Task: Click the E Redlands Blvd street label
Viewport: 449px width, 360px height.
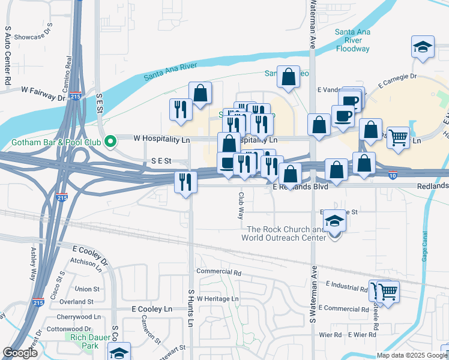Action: (x=300, y=187)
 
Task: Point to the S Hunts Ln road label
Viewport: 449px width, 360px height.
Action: (x=191, y=307)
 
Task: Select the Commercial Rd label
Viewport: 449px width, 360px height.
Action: (x=218, y=272)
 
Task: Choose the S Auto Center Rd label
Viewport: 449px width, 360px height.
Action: (x=8, y=54)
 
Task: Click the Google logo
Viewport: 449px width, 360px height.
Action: (x=20, y=353)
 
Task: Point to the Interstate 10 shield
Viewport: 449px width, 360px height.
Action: (x=391, y=175)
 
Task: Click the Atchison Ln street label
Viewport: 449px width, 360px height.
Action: (x=86, y=262)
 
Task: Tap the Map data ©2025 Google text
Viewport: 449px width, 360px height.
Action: (x=411, y=355)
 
